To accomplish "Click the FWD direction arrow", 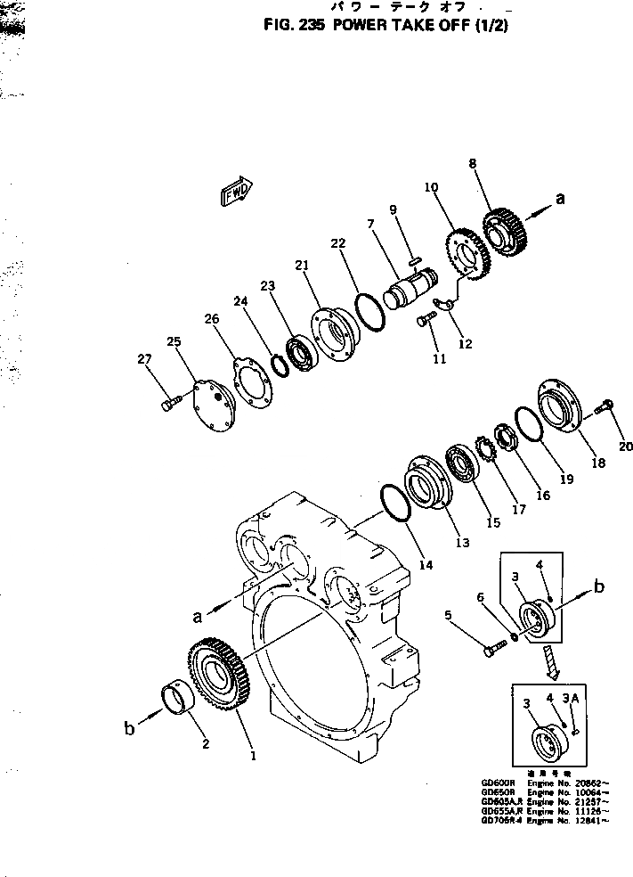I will pyautogui.click(x=236, y=191).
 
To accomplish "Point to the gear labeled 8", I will pyautogui.click(x=505, y=232).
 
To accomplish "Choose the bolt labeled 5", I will pyautogui.click(x=494, y=649).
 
